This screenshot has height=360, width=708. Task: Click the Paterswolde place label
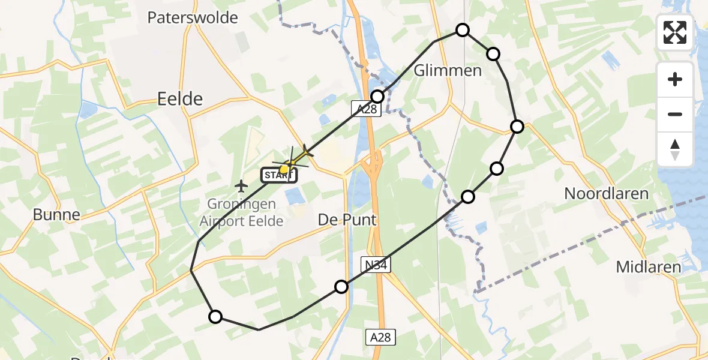pyautogui.click(x=193, y=18)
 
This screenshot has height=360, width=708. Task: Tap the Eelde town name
pyautogui.click(x=179, y=99)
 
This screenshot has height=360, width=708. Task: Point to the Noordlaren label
pyautogui.click(x=607, y=194)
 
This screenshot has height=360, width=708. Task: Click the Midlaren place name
pyautogui.click(x=649, y=267)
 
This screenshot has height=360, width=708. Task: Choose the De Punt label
pyautogui.click(x=347, y=220)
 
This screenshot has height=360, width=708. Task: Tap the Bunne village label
pyautogui.click(x=56, y=215)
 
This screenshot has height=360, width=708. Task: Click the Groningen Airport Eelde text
pyautogui.click(x=241, y=213)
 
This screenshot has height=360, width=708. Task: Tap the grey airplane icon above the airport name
pyautogui.click(x=241, y=184)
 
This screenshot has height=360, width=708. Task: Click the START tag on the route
pyautogui.click(x=279, y=176)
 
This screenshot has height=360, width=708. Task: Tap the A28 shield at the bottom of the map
pyautogui.click(x=380, y=337)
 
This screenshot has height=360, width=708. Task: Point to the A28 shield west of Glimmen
pyautogui.click(x=366, y=109)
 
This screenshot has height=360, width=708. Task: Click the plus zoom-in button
pyautogui.click(x=675, y=79)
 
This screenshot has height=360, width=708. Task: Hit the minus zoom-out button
pyautogui.click(x=675, y=114)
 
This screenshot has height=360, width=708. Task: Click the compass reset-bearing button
pyautogui.click(x=675, y=149)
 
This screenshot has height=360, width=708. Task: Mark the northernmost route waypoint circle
pyautogui.click(x=463, y=30)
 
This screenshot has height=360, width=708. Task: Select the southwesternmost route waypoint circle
pyautogui.click(x=215, y=317)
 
